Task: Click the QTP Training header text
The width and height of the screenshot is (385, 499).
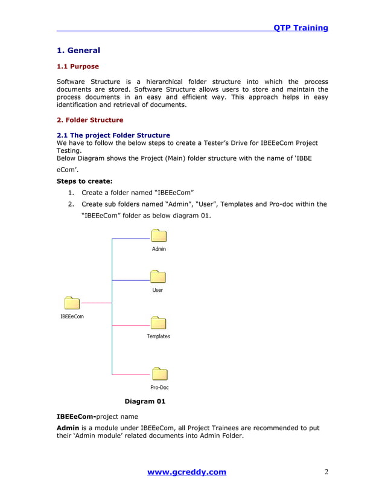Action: (301, 28)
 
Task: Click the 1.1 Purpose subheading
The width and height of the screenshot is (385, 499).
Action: (77, 66)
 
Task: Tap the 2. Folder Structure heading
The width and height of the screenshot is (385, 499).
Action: (89, 120)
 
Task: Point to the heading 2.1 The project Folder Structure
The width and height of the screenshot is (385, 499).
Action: (113, 135)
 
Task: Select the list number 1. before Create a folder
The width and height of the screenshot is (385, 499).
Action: (71, 193)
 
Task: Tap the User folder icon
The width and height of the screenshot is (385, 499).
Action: (157, 277)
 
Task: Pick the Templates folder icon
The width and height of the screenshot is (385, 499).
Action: (158, 324)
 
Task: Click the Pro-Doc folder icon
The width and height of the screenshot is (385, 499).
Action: (159, 375)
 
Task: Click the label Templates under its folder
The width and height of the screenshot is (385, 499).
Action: (158, 336)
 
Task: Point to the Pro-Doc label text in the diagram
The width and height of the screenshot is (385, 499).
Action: (159, 387)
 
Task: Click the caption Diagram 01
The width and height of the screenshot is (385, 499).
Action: (144, 401)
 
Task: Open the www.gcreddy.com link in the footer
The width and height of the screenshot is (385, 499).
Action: (186, 472)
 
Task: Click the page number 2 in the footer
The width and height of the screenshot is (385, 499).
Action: (326, 472)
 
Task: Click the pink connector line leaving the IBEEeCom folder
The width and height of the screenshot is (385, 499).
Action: (97, 303)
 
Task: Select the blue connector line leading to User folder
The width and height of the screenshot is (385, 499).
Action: (130, 280)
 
